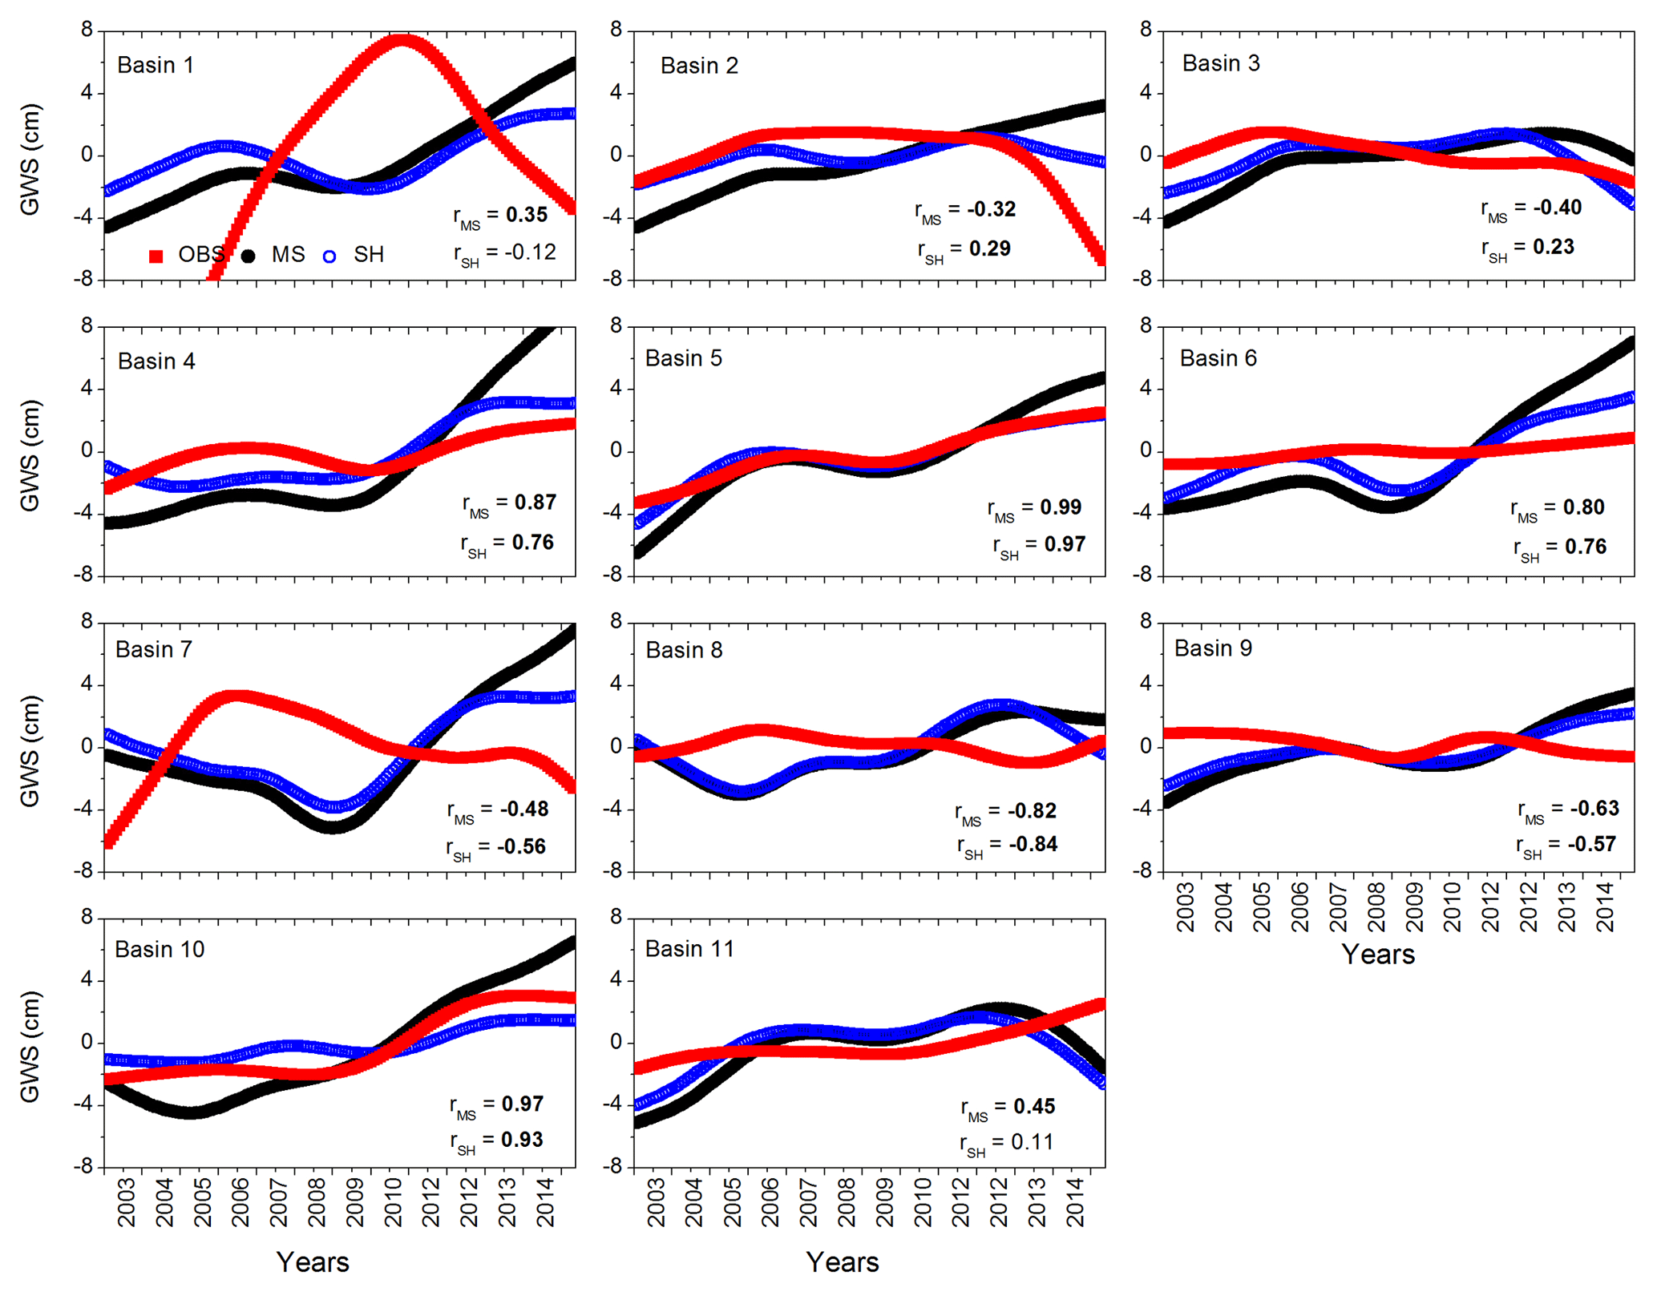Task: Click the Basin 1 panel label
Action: point(156,65)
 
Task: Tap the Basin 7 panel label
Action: point(154,649)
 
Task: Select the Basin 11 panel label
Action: point(689,949)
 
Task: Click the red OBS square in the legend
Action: point(156,256)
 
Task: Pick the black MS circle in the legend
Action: point(249,256)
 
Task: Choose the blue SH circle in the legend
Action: point(329,256)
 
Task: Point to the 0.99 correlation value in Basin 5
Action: point(1061,507)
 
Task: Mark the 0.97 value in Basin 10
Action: point(523,1104)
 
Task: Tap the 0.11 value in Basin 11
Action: point(1033,1142)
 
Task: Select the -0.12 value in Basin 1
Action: point(530,252)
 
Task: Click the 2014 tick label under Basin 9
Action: point(1606,907)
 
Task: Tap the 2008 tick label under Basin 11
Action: point(847,1203)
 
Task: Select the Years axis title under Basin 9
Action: point(1378,955)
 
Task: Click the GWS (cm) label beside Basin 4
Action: point(30,454)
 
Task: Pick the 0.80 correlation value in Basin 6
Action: point(1583,507)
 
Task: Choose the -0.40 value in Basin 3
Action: point(1557,208)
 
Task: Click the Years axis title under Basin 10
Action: point(313,1262)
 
